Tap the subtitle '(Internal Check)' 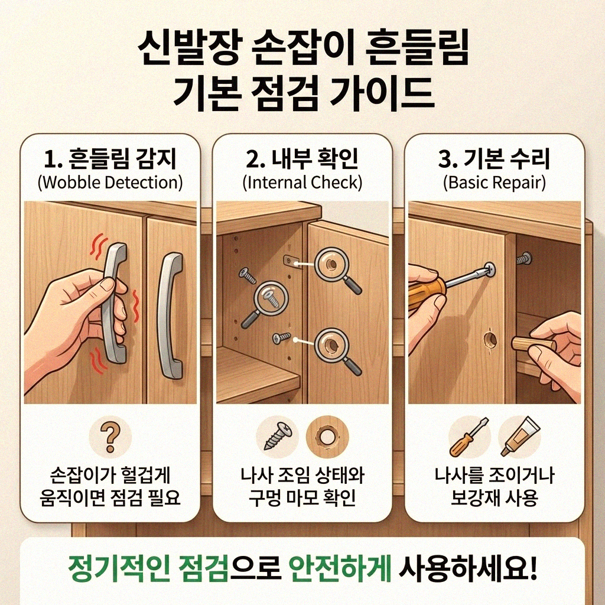click(x=302, y=182)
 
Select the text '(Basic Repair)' click(x=494, y=182)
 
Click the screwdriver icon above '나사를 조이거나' click(x=469, y=437)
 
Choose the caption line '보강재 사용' click(x=494, y=498)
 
